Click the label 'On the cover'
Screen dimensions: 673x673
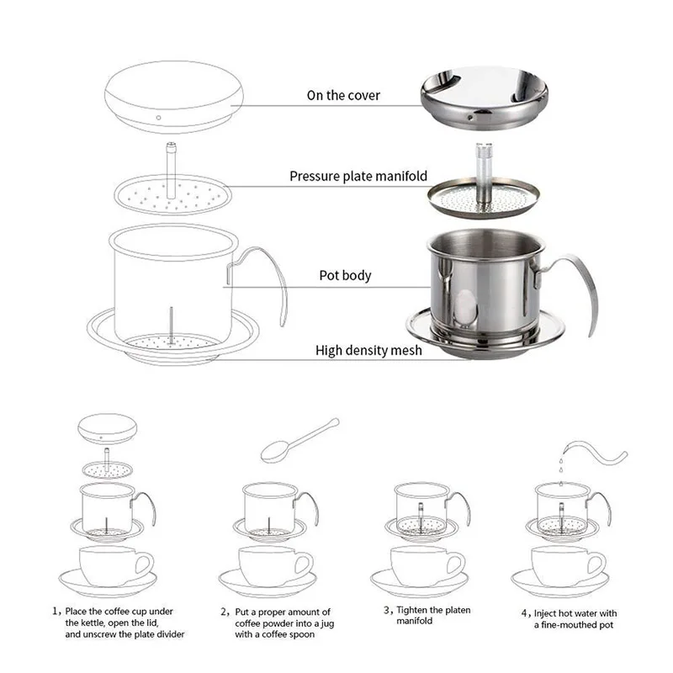(343, 95)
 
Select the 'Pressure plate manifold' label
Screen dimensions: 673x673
(358, 177)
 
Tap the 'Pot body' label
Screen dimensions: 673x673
(345, 275)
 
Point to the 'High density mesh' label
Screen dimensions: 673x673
(368, 350)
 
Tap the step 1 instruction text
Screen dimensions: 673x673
(118, 623)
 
